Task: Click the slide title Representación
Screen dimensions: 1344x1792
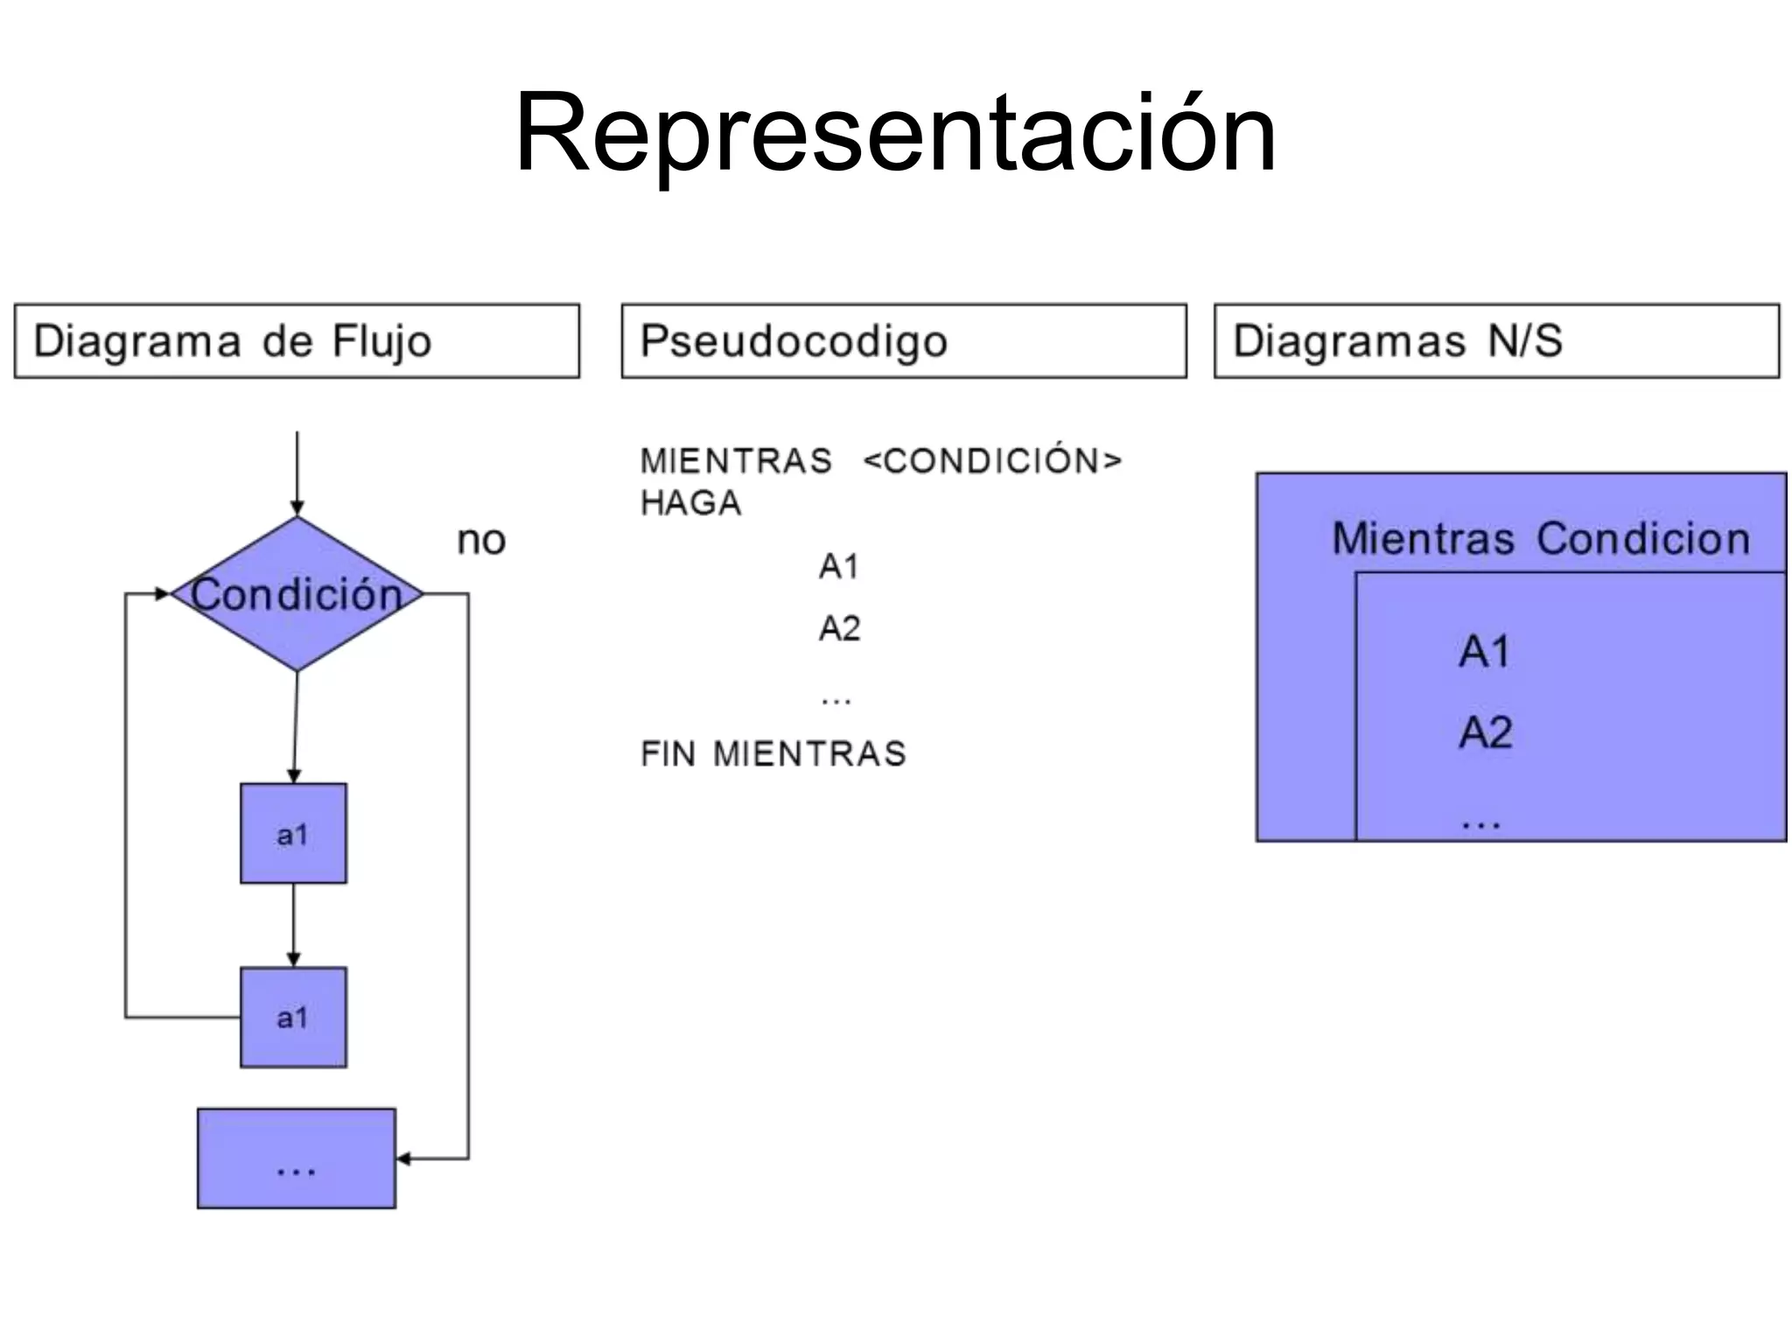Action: tap(895, 134)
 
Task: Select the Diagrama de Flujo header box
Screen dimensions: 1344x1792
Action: tap(297, 341)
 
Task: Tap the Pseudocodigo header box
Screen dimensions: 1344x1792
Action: tap(903, 341)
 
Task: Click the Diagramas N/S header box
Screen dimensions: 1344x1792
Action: tap(1496, 341)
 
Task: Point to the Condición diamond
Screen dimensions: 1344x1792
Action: tap(297, 594)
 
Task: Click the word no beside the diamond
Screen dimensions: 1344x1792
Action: tap(481, 541)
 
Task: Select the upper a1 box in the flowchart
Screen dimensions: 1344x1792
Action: tap(293, 833)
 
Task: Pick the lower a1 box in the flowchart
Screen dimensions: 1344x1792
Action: tap(293, 1017)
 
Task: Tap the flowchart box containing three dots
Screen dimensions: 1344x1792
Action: tap(296, 1158)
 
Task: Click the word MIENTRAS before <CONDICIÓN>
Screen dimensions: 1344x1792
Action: tap(736, 461)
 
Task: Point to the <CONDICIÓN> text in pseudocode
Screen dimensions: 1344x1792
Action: tap(991, 461)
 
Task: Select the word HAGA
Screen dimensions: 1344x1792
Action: tap(690, 503)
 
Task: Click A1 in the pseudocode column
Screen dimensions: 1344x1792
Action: tap(838, 567)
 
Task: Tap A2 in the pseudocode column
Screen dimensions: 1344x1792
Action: tap(838, 628)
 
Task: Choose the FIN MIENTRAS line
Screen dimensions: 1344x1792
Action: tap(773, 753)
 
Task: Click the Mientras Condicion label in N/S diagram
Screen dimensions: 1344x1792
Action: tap(1540, 538)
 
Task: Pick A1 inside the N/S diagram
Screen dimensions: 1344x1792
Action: tap(1484, 652)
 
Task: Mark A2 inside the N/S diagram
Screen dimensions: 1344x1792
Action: tap(1484, 732)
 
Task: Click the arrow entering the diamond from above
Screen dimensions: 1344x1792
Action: tap(297, 472)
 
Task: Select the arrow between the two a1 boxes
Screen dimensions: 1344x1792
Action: tap(293, 925)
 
